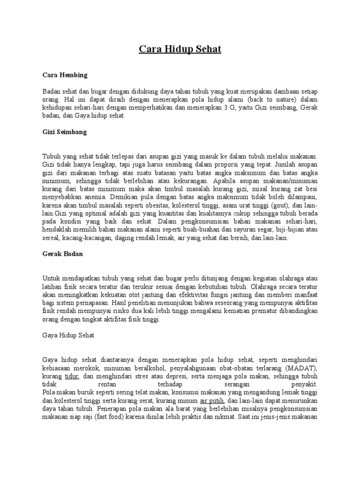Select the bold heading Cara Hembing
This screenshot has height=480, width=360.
[x=65, y=75]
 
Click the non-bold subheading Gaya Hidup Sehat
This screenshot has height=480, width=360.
[x=68, y=335]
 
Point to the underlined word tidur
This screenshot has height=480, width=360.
[x=72, y=376]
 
